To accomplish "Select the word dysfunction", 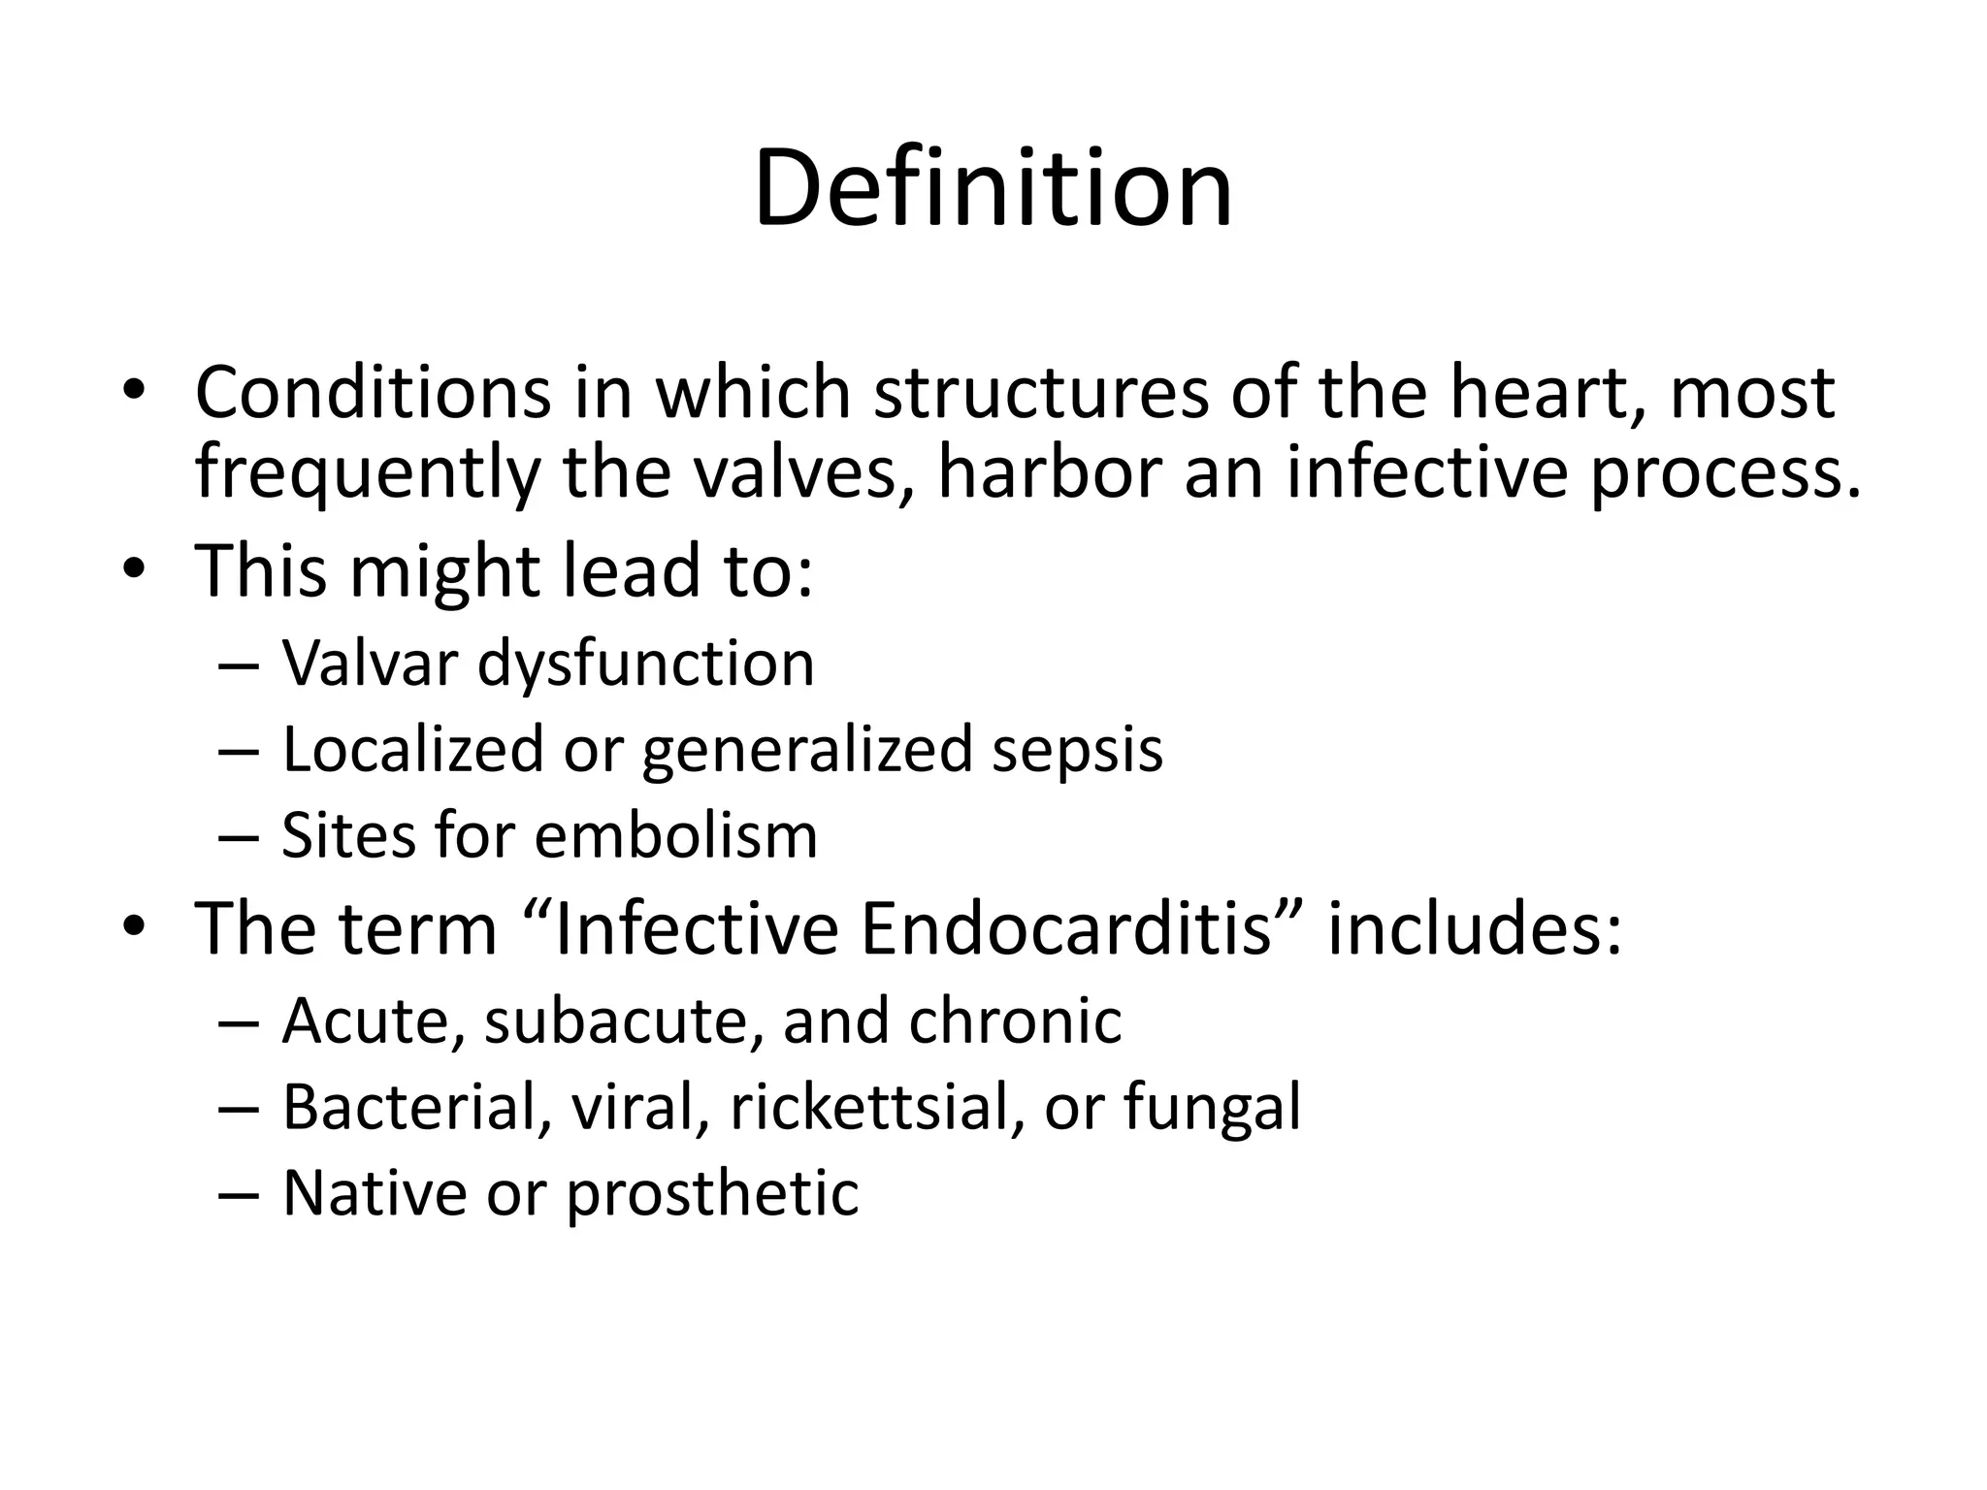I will click(645, 666).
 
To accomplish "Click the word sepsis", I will click(1077, 752).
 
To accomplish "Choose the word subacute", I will click(621, 1021).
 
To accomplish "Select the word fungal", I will click(1212, 1109).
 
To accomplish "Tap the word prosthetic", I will click(712, 1194).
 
